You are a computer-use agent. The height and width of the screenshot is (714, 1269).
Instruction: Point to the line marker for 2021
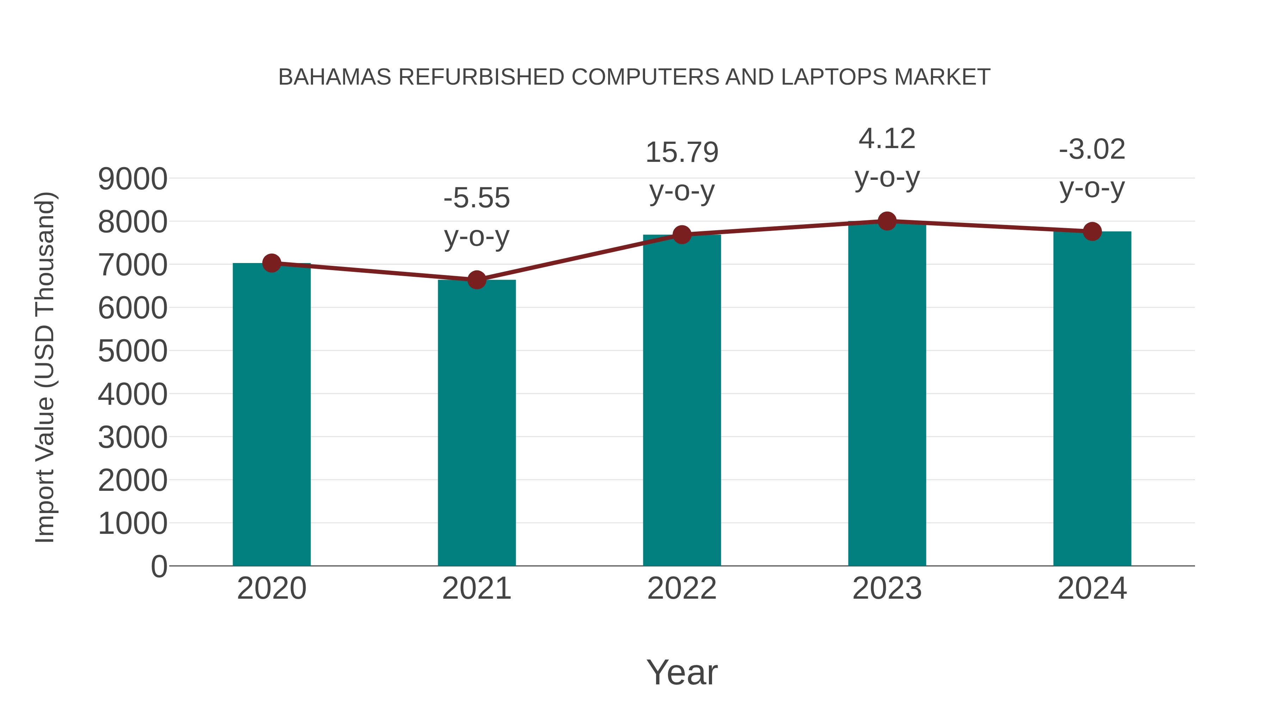click(x=476, y=280)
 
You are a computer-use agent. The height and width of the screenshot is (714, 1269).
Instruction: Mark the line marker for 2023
click(x=887, y=221)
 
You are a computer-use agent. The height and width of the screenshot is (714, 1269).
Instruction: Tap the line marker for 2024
click(x=1092, y=231)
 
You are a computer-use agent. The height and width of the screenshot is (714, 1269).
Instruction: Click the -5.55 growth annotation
click(x=476, y=198)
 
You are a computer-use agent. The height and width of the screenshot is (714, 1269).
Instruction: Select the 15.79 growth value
click(x=682, y=152)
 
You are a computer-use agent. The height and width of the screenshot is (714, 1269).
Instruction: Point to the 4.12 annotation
click(x=887, y=139)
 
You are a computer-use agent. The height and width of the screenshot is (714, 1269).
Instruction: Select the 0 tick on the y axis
click(x=159, y=566)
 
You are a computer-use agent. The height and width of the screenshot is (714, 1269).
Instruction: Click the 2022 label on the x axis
click(x=682, y=588)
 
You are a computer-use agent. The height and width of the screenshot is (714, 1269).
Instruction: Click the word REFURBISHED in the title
click(x=481, y=77)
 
